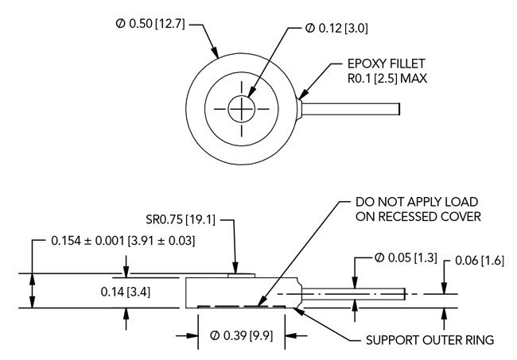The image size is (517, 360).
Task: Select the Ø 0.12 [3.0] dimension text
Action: [x=336, y=29]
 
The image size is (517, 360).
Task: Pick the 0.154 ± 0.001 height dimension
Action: [x=122, y=239]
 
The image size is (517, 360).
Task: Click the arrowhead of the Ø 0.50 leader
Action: [x=219, y=56]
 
